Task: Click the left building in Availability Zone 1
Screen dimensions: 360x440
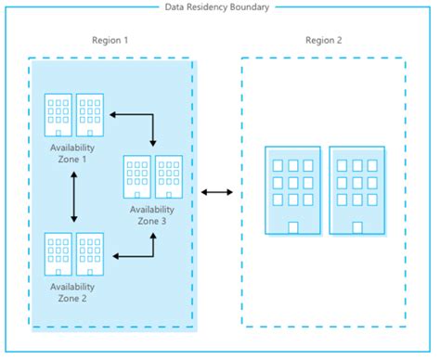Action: pos(58,111)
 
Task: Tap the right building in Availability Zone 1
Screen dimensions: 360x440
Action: pos(89,111)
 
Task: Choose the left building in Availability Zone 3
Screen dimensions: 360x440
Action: pos(137,177)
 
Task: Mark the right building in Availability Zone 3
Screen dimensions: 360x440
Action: pos(168,177)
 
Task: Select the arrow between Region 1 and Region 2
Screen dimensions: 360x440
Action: pos(217,192)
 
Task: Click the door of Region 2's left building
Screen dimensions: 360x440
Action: pos(292,227)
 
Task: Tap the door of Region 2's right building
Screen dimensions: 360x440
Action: pos(356,227)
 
